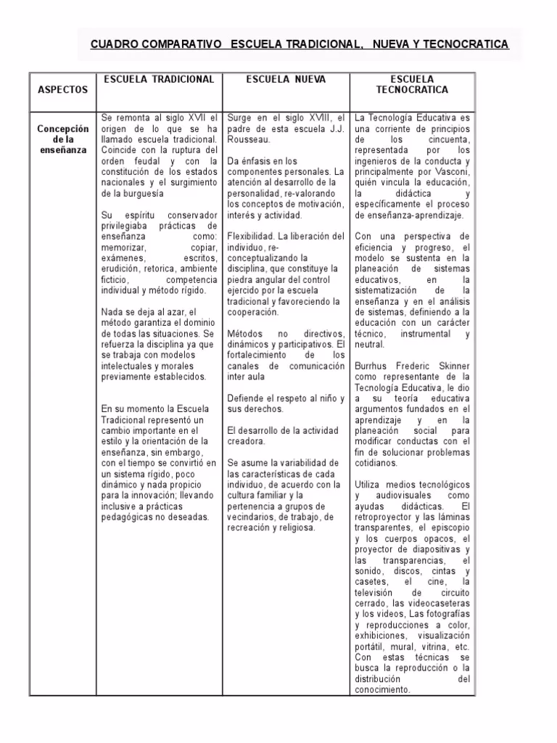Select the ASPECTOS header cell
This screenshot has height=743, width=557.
(62, 90)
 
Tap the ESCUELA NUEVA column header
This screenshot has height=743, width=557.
(286, 79)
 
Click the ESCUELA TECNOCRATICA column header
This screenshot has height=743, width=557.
(412, 84)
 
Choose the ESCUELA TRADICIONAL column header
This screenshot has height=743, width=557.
(158, 79)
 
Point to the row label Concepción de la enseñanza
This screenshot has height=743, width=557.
(62, 139)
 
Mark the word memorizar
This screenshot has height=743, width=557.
(124, 247)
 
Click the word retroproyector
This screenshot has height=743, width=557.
(389, 517)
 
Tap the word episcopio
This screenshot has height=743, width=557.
(449, 528)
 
